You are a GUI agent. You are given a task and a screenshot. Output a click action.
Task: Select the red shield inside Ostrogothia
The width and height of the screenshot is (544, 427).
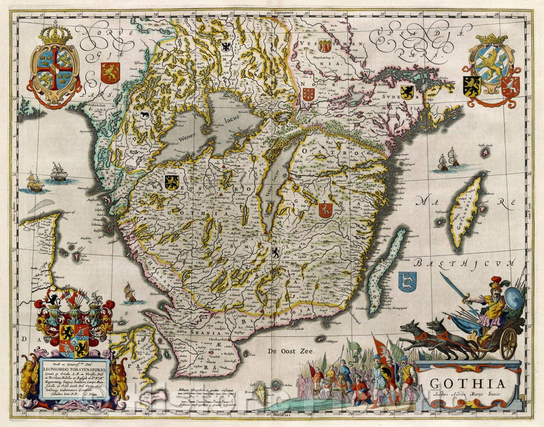[326, 210]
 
